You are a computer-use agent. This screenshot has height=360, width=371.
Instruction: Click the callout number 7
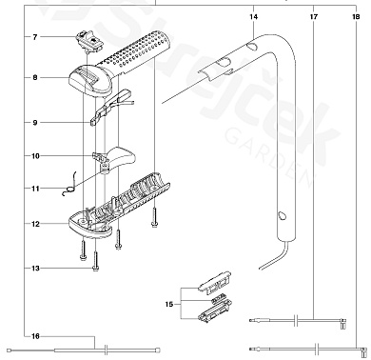coord(35,37)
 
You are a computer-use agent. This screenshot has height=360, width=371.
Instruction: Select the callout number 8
coord(35,77)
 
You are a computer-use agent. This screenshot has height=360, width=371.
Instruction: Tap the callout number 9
coord(35,123)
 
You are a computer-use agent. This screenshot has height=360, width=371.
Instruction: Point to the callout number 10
coord(35,156)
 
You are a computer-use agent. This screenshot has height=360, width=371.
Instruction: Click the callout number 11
coord(35,189)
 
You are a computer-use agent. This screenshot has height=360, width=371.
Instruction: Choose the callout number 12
coord(35,224)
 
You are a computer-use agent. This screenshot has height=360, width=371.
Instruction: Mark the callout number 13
coord(35,269)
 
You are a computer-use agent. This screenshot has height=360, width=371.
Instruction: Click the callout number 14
coord(254,16)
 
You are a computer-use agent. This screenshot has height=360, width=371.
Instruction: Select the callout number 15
coord(169,305)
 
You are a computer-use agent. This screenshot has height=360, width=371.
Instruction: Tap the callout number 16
coord(35,336)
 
